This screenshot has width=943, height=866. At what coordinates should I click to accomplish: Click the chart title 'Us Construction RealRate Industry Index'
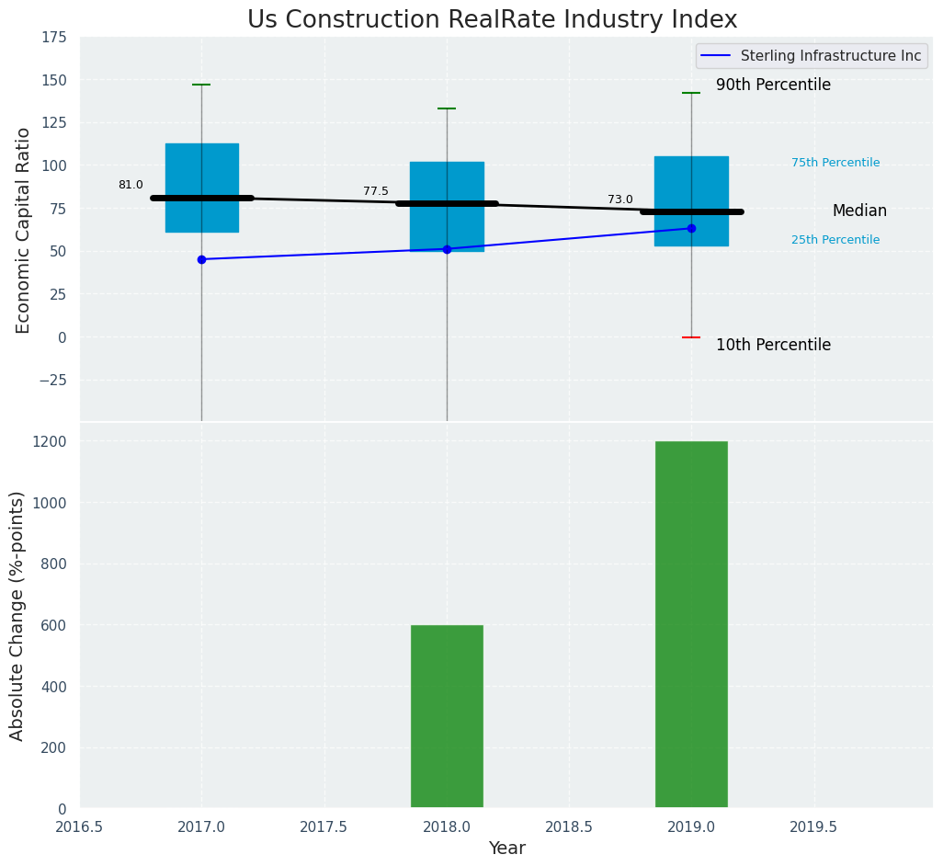(492, 20)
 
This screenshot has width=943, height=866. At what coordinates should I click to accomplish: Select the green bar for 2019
(691, 625)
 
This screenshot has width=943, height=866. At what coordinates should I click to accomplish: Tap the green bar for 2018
(447, 717)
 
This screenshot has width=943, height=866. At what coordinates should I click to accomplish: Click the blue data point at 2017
(201, 259)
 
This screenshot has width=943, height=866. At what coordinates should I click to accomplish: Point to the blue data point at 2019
(691, 228)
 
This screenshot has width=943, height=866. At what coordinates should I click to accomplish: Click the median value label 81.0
(131, 185)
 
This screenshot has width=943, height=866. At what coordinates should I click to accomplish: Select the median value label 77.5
(376, 191)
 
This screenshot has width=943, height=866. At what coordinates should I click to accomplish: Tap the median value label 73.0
(620, 199)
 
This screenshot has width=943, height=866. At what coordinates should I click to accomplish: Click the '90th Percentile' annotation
(773, 85)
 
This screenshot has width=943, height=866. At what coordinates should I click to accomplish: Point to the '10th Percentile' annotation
(773, 346)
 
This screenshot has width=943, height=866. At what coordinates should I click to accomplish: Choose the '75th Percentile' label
(835, 163)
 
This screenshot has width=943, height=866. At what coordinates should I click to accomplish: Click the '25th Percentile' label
(835, 240)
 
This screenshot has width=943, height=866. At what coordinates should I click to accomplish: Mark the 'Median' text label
(859, 211)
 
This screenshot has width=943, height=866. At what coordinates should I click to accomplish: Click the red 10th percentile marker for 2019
(691, 337)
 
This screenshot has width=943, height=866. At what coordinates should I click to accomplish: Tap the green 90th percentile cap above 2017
(201, 85)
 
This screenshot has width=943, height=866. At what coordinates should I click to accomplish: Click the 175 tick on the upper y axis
(53, 37)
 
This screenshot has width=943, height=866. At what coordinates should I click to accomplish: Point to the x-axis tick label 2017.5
(324, 827)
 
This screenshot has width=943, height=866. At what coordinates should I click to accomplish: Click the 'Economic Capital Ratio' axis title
(24, 230)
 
